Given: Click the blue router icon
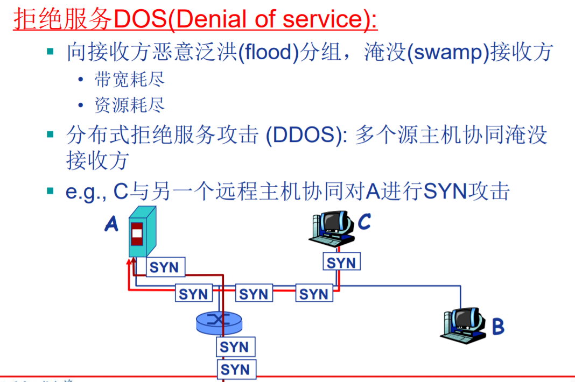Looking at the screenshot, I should (x=218, y=322).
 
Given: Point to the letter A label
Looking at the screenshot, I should (x=111, y=224).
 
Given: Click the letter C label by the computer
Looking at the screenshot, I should (x=364, y=221).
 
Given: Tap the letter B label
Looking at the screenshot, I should (x=498, y=327).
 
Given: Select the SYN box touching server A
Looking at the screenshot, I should (x=164, y=267).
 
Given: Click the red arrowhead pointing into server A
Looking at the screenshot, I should (x=129, y=263).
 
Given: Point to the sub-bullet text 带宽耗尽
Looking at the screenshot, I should (x=130, y=80).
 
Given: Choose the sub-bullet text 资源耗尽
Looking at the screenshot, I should (x=130, y=105).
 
